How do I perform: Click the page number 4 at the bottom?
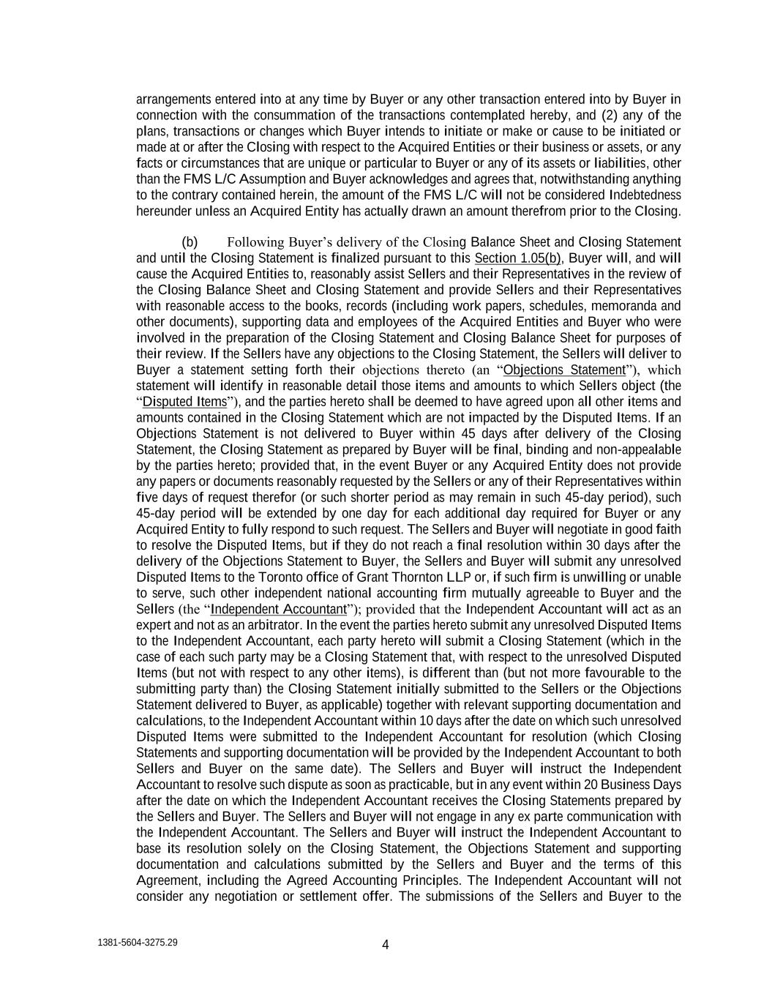click(x=386, y=944)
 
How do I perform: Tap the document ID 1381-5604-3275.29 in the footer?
click(x=137, y=943)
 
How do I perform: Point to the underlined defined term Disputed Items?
click(x=184, y=402)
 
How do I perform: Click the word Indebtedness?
click(x=645, y=195)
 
